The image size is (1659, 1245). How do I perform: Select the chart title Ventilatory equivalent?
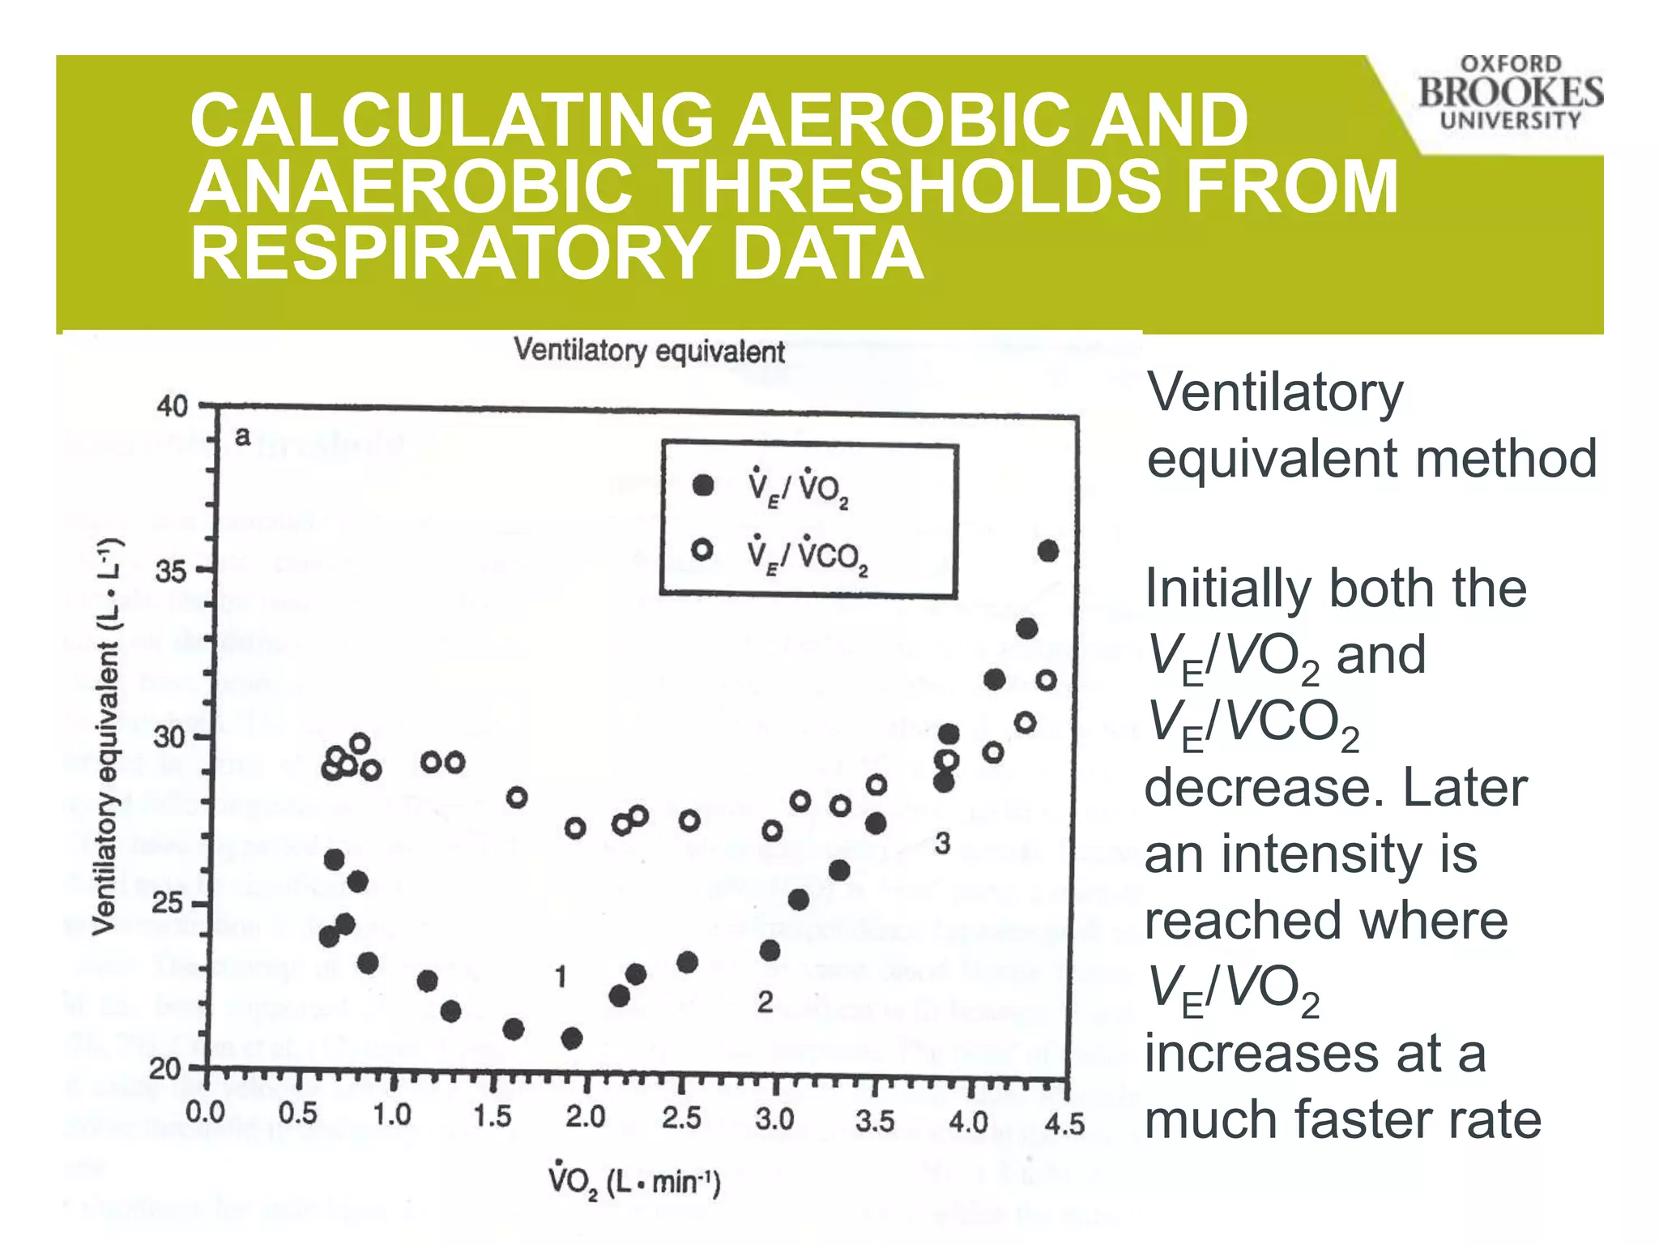[650, 351]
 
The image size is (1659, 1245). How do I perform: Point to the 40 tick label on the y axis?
[171, 406]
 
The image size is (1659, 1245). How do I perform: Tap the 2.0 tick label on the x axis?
[586, 1118]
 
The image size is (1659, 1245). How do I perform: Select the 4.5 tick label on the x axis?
[1064, 1124]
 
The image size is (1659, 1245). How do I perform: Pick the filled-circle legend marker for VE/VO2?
[703, 486]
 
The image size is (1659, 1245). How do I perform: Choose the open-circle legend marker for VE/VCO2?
[702, 550]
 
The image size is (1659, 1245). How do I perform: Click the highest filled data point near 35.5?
[1048, 551]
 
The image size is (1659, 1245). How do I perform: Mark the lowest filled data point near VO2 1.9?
[572, 1038]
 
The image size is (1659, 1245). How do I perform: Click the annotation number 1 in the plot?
[561, 978]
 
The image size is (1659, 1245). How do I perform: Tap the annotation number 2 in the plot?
[765, 1003]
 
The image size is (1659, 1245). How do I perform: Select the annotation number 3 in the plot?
[942, 844]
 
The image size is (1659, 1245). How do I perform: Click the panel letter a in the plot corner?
[242, 437]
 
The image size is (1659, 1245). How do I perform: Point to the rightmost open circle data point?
[1047, 680]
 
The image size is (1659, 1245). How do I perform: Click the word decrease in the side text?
[1254, 788]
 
